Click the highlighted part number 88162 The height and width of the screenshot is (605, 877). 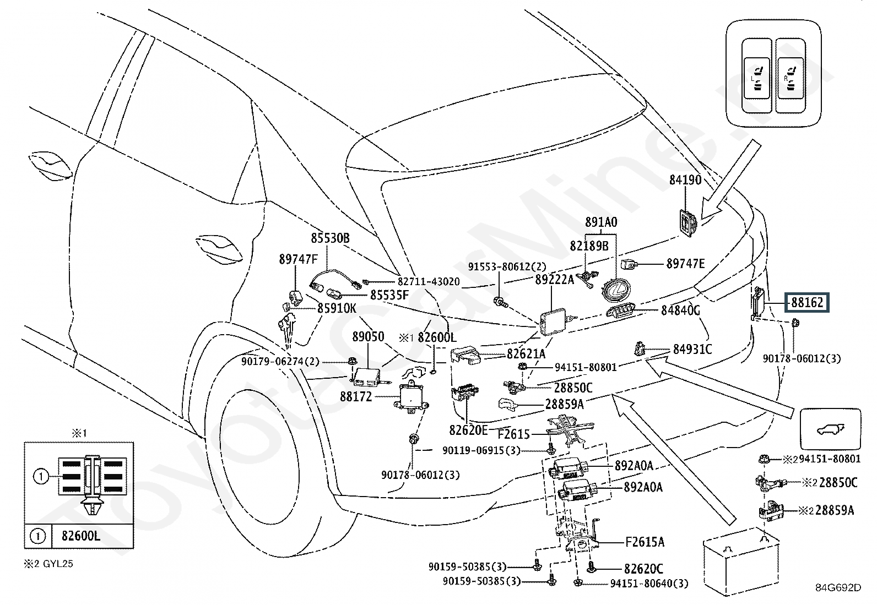808,302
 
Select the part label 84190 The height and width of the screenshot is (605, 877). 685,179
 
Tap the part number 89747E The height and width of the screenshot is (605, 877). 685,264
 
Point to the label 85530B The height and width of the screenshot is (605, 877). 330,238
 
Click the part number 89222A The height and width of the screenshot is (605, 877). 554,280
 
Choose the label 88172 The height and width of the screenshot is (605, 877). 356,396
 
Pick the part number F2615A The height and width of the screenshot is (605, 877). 645,542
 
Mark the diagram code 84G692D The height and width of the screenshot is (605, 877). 838,587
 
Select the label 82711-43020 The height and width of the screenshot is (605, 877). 429,281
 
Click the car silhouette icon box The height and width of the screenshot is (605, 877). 830,428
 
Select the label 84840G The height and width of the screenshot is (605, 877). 680,311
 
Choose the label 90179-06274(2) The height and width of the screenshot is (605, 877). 280,361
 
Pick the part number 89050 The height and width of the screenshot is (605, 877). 368,337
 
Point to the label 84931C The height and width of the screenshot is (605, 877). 692,349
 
